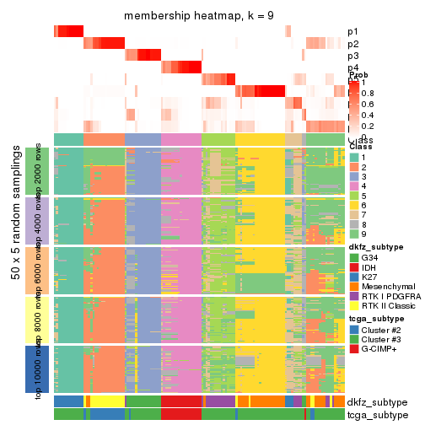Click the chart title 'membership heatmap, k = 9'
coord(199,16)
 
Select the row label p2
coord(352,44)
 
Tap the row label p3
coord(352,56)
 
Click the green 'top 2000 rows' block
coord(38,171)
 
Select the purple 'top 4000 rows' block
coord(38,221)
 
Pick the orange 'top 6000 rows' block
coord(38,270)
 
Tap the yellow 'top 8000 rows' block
coord(38,320)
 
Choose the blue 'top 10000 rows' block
coord(38,369)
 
